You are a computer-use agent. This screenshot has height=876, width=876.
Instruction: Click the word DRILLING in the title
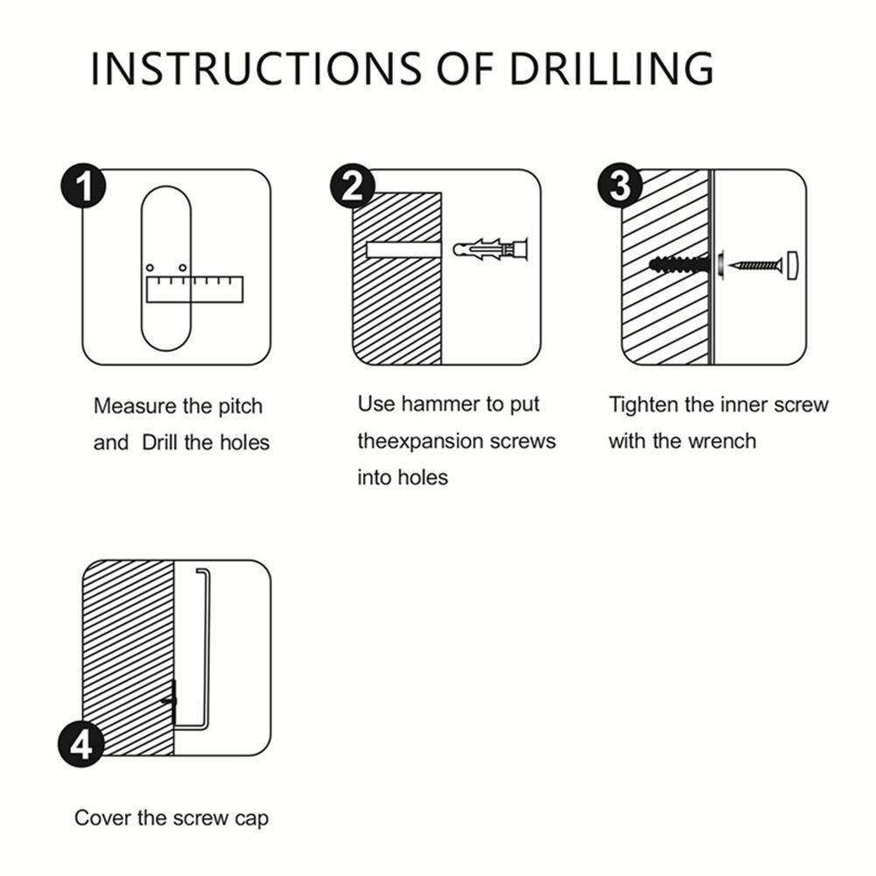(x=612, y=68)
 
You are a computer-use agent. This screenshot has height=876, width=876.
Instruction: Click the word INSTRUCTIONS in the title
(x=256, y=68)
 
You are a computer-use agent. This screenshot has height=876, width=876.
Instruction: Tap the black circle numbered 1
(x=83, y=186)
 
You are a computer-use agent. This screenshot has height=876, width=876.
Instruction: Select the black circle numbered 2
(x=353, y=186)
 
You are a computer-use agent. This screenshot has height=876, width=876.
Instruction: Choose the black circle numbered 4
(x=81, y=744)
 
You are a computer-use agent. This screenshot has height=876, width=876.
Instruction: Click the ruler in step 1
(x=194, y=290)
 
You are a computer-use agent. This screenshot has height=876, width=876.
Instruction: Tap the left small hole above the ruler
(x=150, y=268)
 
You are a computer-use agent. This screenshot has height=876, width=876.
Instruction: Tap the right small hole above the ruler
(x=182, y=268)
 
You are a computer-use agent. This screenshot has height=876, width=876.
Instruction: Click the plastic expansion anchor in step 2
(x=491, y=249)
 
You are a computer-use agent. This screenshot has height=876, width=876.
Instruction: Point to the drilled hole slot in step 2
(x=403, y=249)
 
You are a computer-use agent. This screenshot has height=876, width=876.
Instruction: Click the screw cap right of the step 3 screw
(x=792, y=265)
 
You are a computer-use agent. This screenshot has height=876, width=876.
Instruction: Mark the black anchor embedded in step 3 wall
(x=680, y=263)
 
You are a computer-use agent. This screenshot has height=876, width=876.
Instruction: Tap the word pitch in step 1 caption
(x=241, y=406)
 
